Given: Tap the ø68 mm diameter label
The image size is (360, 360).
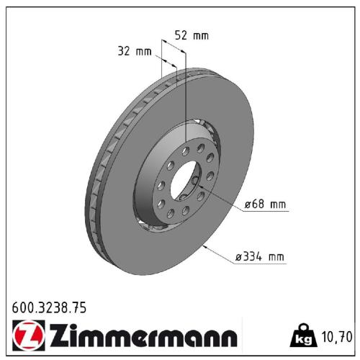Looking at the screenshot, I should [265, 205].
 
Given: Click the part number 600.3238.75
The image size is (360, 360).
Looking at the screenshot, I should [50, 308].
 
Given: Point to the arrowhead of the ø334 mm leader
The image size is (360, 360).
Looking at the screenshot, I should [206, 246].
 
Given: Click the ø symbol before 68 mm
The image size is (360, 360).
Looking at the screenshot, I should [247, 205].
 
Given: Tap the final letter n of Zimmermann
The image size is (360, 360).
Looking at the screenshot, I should [228, 338].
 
